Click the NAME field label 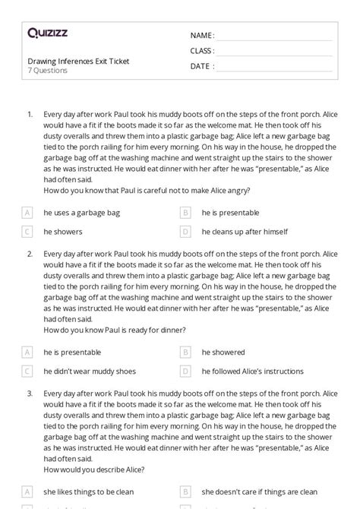point(202,36)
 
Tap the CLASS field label point(202,51)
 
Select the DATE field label point(201,66)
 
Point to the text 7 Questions point(47,71)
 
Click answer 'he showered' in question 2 point(223,353)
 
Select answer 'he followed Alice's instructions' point(253,371)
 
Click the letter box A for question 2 point(28,353)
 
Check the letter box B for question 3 point(185,491)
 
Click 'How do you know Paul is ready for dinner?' point(115,330)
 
